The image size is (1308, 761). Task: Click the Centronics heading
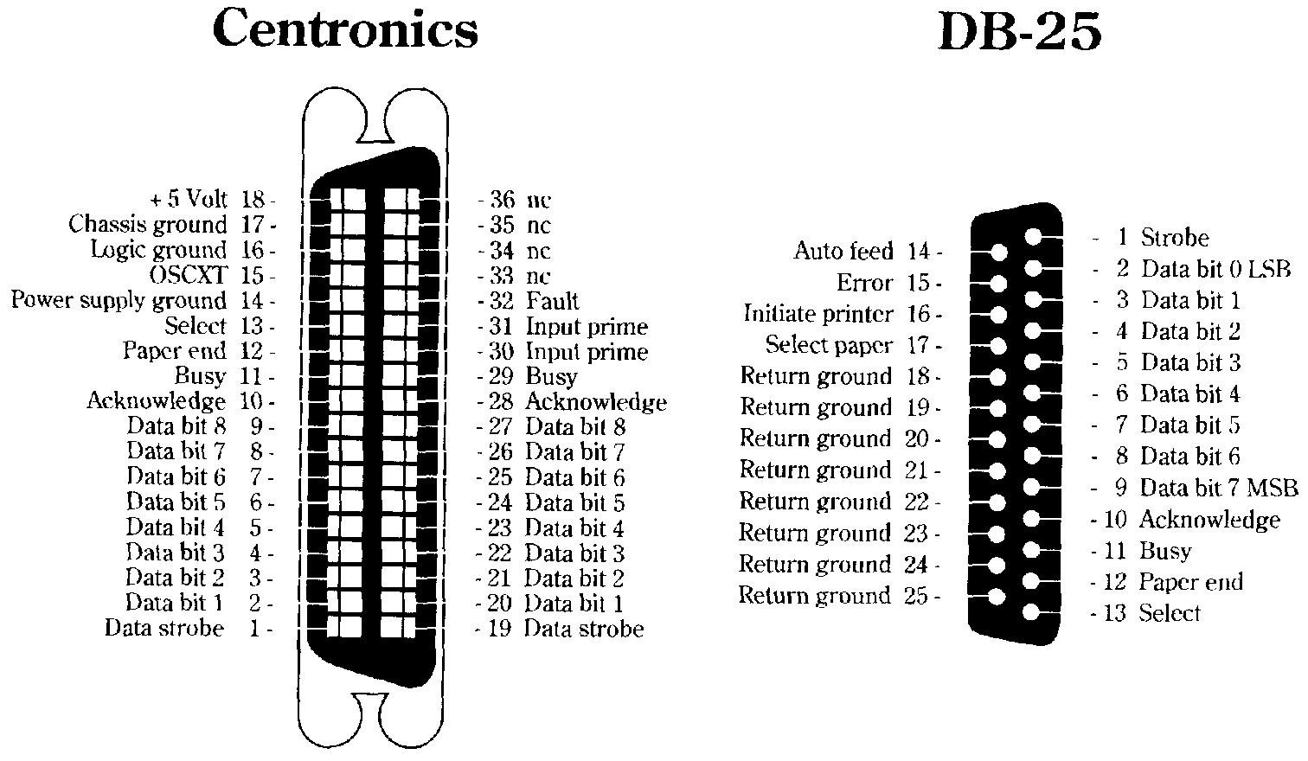pyautogui.click(x=344, y=29)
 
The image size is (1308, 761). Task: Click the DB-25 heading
pyautogui.click(x=1020, y=33)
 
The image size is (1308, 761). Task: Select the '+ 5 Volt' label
pyautogui.click(x=188, y=200)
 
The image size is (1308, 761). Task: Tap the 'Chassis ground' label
pyautogui.click(x=147, y=225)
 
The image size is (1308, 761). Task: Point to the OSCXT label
pyautogui.click(x=188, y=276)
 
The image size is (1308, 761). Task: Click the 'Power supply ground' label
pyautogui.click(x=119, y=301)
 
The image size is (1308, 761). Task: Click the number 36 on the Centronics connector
pyautogui.click(x=502, y=201)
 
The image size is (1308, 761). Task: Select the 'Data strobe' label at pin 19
pyautogui.click(x=584, y=629)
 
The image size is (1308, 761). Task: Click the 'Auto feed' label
pyautogui.click(x=843, y=252)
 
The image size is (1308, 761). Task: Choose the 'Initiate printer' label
pyautogui.click(x=817, y=314)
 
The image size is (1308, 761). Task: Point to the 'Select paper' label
pyautogui.click(x=828, y=345)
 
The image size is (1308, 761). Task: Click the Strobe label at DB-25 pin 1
pyautogui.click(x=1175, y=238)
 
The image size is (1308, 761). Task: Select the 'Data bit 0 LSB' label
pyautogui.click(x=1215, y=269)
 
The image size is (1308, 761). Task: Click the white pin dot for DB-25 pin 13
pyautogui.click(x=1030, y=612)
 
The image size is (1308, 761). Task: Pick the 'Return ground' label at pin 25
pyautogui.click(x=814, y=596)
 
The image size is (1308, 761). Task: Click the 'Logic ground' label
pyautogui.click(x=158, y=251)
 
